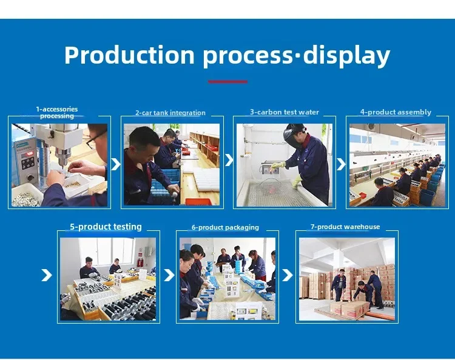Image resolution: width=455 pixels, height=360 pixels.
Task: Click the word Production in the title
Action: (129, 55)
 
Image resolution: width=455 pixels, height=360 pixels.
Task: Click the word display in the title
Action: (347, 56)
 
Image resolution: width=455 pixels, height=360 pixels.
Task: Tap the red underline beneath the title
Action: (227, 82)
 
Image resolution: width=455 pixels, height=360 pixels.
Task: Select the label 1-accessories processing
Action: (57, 113)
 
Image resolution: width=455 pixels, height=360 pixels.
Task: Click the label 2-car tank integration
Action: (170, 113)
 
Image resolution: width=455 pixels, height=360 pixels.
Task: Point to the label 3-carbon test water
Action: (285, 112)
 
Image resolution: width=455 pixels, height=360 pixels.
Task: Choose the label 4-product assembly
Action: (396, 112)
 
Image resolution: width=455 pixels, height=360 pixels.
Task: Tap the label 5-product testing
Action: (106, 227)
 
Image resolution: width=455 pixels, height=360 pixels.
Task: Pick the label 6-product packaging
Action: (225, 227)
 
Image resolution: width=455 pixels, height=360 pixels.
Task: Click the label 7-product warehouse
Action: (345, 227)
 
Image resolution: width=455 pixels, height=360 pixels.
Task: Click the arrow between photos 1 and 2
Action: (115, 164)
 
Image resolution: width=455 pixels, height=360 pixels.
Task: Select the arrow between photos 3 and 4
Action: (341, 164)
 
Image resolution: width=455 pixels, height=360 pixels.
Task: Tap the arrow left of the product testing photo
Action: (47, 275)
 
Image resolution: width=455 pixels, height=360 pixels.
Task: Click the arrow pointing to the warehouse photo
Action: (288, 275)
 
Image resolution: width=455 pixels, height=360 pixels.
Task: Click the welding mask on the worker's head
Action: (292, 134)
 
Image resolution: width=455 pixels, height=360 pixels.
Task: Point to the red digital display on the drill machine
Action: (29, 153)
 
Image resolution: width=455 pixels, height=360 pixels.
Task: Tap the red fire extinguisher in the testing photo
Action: (141, 262)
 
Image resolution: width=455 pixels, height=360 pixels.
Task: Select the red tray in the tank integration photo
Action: (198, 201)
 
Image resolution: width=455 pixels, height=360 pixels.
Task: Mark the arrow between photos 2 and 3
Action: (229, 160)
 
